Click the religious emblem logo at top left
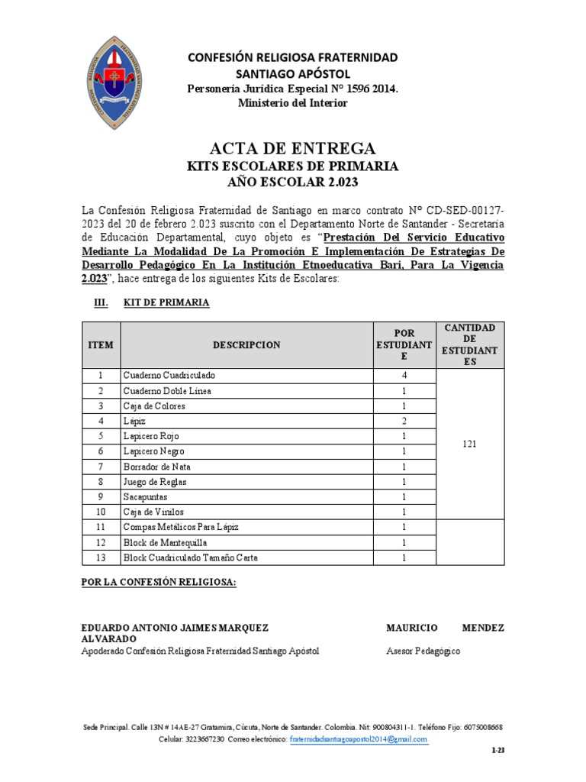117,79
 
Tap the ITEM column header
101,345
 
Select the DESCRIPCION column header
246,345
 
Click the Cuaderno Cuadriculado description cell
169,376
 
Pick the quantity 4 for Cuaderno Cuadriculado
404,376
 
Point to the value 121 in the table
469,444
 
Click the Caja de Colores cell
154,406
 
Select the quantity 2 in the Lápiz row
404,421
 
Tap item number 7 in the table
100,467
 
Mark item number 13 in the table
100,557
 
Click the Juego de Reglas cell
155,482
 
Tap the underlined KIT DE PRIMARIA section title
166,303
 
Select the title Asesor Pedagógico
423,651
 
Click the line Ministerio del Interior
293,103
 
